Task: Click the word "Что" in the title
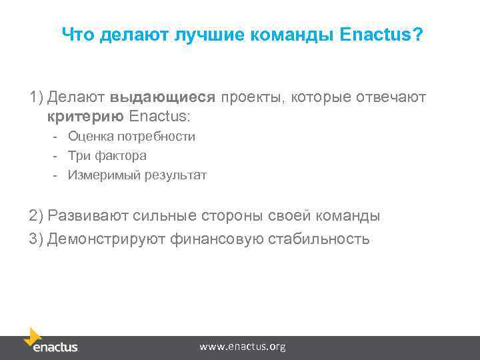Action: click(79, 34)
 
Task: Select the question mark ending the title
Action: click(417, 34)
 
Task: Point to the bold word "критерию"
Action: click(85, 117)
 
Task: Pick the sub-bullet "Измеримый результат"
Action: click(137, 175)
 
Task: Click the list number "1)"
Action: click(36, 97)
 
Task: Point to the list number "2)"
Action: click(36, 216)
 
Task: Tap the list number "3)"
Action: click(36, 238)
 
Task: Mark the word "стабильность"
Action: click(318, 238)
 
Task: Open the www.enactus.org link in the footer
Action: click(243, 347)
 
